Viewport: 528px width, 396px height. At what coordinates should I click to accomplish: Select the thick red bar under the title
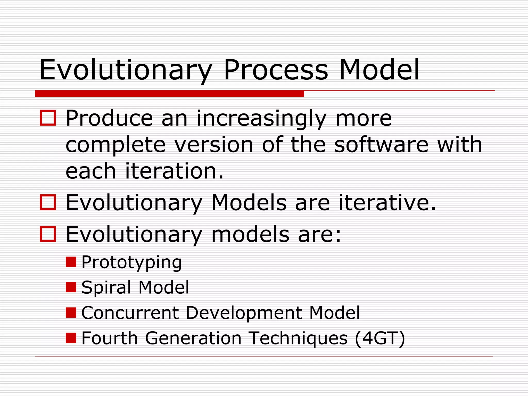(x=169, y=94)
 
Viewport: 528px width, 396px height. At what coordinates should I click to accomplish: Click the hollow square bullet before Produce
(x=48, y=118)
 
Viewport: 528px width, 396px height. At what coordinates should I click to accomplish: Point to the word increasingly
(x=261, y=119)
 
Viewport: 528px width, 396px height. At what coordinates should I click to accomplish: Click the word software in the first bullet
(x=381, y=145)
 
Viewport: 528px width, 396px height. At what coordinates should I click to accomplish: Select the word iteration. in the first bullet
(x=174, y=171)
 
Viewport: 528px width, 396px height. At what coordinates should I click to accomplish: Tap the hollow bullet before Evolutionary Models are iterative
(x=48, y=202)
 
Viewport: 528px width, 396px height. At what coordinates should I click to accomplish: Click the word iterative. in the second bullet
(x=387, y=203)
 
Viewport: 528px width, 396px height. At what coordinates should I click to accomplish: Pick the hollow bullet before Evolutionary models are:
(x=48, y=234)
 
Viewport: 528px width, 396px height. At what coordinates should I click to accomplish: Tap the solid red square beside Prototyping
(x=71, y=262)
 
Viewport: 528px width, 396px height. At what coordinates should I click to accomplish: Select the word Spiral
(x=106, y=288)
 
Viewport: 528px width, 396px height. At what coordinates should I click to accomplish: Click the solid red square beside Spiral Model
(x=71, y=287)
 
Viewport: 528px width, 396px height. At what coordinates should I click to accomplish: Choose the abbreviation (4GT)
(x=380, y=339)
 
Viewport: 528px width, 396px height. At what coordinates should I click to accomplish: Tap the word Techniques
(x=298, y=339)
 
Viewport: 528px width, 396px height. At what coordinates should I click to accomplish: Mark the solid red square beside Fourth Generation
(x=71, y=338)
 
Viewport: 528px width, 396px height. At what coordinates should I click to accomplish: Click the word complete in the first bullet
(x=115, y=145)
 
